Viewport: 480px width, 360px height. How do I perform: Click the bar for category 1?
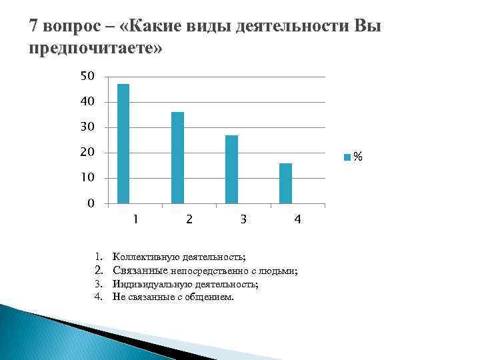pyautogui.click(x=123, y=143)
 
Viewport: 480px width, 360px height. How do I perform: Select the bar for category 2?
pyautogui.click(x=177, y=157)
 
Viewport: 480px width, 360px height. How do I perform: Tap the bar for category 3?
pyautogui.click(x=231, y=169)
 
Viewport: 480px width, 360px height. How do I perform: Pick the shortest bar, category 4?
pyautogui.click(x=285, y=183)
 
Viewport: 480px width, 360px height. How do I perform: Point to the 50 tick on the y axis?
pyautogui.click(x=87, y=77)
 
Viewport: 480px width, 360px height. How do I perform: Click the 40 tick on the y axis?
pyautogui.click(x=87, y=101)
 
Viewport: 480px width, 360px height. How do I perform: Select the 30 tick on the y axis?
pyautogui.click(x=87, y=127)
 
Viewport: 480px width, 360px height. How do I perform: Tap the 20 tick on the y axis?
pyautogui.click(x=87, y=152)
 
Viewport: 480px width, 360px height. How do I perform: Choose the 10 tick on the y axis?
pyautogui.click(x=87, y=177)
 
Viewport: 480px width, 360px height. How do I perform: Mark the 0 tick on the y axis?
pyautogui.click(x=91, y=203)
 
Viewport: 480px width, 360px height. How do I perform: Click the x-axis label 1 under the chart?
pyautogui.click(x=135, y=219)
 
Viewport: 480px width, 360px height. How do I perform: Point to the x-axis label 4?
pyautogui.click(x=298, y=219)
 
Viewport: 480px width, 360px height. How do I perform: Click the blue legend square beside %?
pyautogui.click(x=347, y=157)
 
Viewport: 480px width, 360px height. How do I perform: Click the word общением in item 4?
pyautogui.click(x=213, y=297)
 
